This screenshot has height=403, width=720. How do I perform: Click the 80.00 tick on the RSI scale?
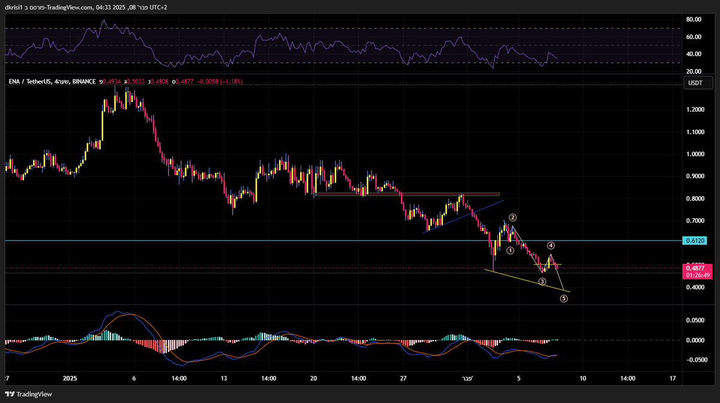click(x=694, y=20)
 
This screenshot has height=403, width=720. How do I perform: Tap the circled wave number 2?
click(x=513, y=217)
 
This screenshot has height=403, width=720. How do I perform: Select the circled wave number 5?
click(x=564, y=298)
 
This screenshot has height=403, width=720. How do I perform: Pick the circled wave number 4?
click(x=550, y=245)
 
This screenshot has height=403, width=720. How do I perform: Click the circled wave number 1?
click(x=510, y=251)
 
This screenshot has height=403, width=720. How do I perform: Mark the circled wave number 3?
click(x=542, y=281)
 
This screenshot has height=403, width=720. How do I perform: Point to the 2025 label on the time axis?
click(x=70, y=378)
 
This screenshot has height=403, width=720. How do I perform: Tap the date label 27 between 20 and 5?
click(x=403, y=378)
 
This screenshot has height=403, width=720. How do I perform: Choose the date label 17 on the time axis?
click(x=673, y=378)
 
